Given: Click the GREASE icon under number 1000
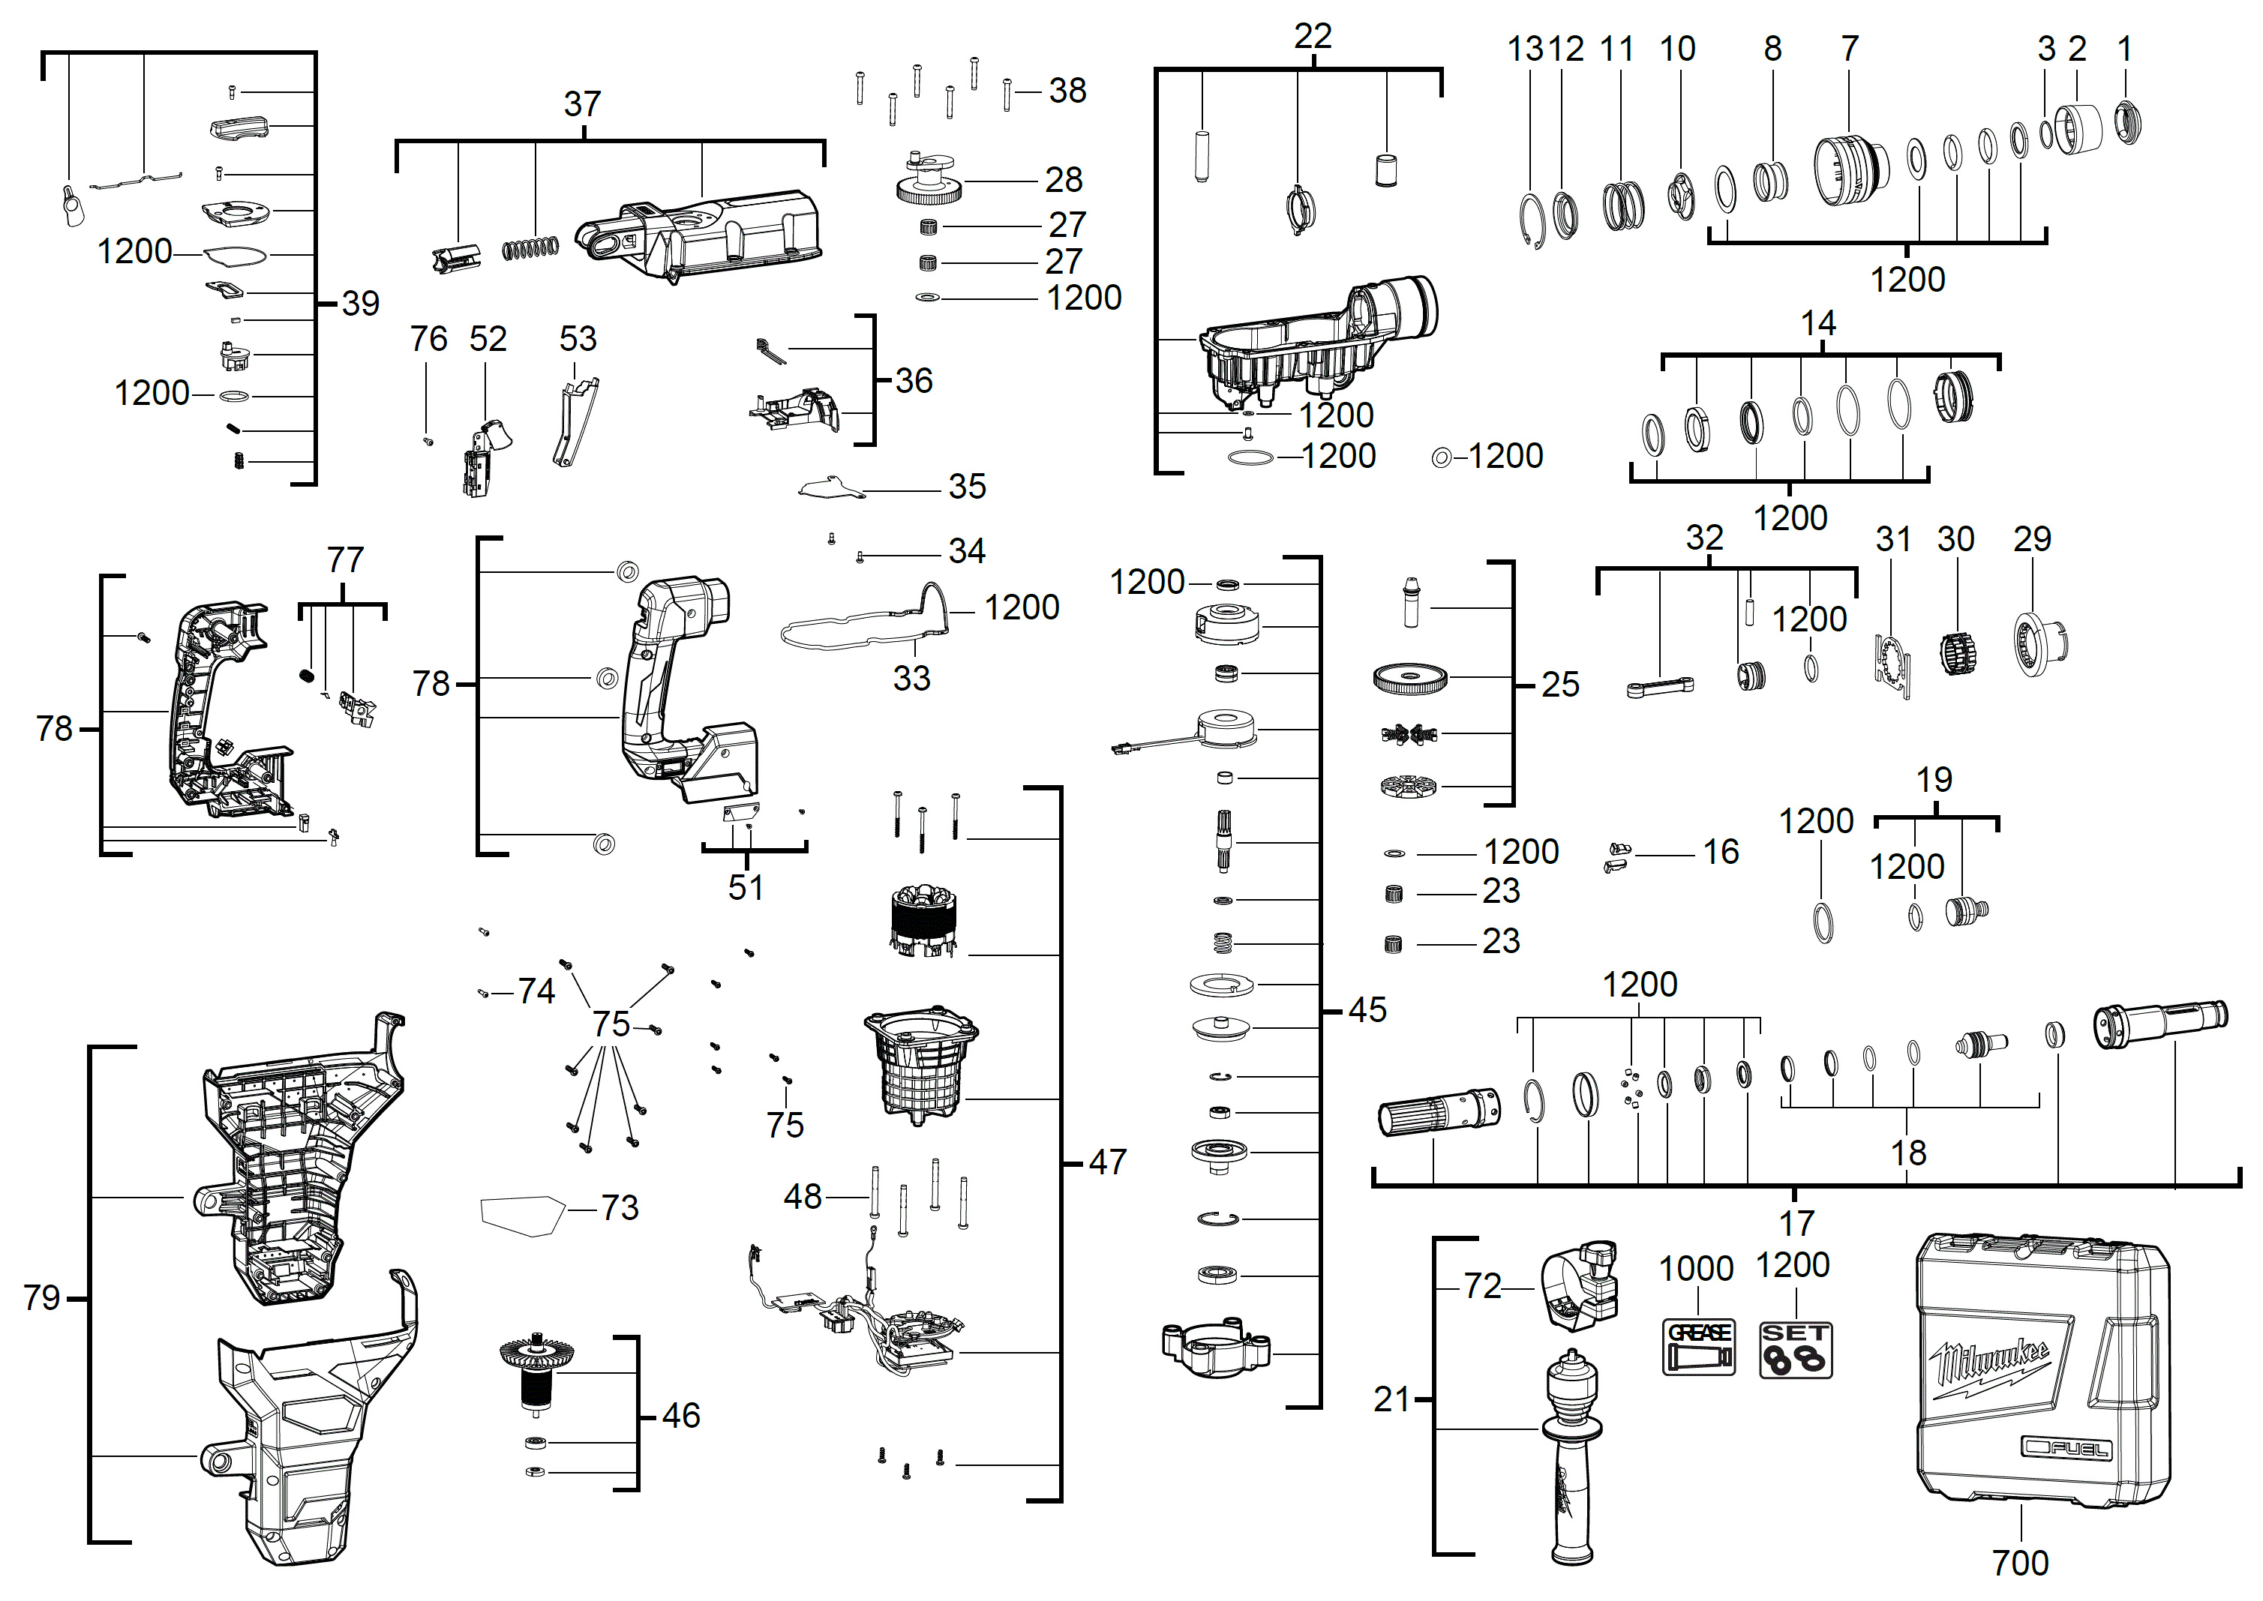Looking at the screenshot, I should (1698, 1348).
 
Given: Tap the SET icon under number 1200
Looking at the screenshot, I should (1795, 1350).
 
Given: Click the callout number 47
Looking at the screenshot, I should (1107, 1162).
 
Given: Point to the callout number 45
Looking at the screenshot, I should (1367, 1009).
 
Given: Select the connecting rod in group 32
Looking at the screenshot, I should (1659, 687).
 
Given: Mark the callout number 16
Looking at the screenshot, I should (1721, 852).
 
